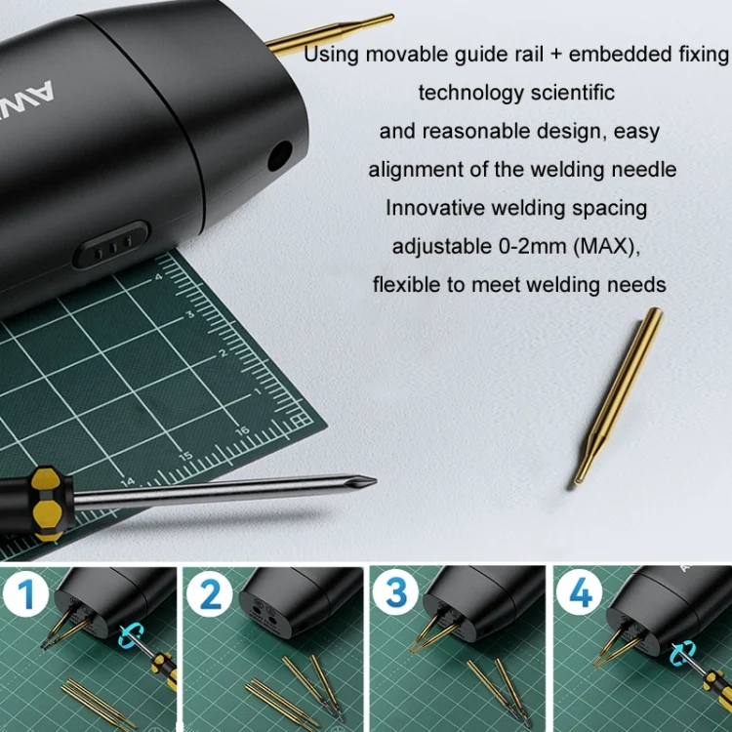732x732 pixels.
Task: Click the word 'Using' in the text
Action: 332,54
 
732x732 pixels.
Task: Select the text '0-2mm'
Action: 532,246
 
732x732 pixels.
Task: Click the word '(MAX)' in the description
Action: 605,247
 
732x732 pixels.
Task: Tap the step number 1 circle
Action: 26,593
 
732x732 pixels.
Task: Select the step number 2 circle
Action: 210,593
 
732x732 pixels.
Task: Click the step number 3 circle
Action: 396,592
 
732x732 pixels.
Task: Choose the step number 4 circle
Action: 580,592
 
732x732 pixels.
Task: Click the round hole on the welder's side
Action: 280,155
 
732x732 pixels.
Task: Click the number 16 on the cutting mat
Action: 242,430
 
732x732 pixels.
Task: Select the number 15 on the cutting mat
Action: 185,456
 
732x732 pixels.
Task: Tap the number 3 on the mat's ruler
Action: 190,314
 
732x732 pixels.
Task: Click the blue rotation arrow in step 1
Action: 131,635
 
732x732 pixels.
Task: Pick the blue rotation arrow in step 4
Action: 682,653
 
